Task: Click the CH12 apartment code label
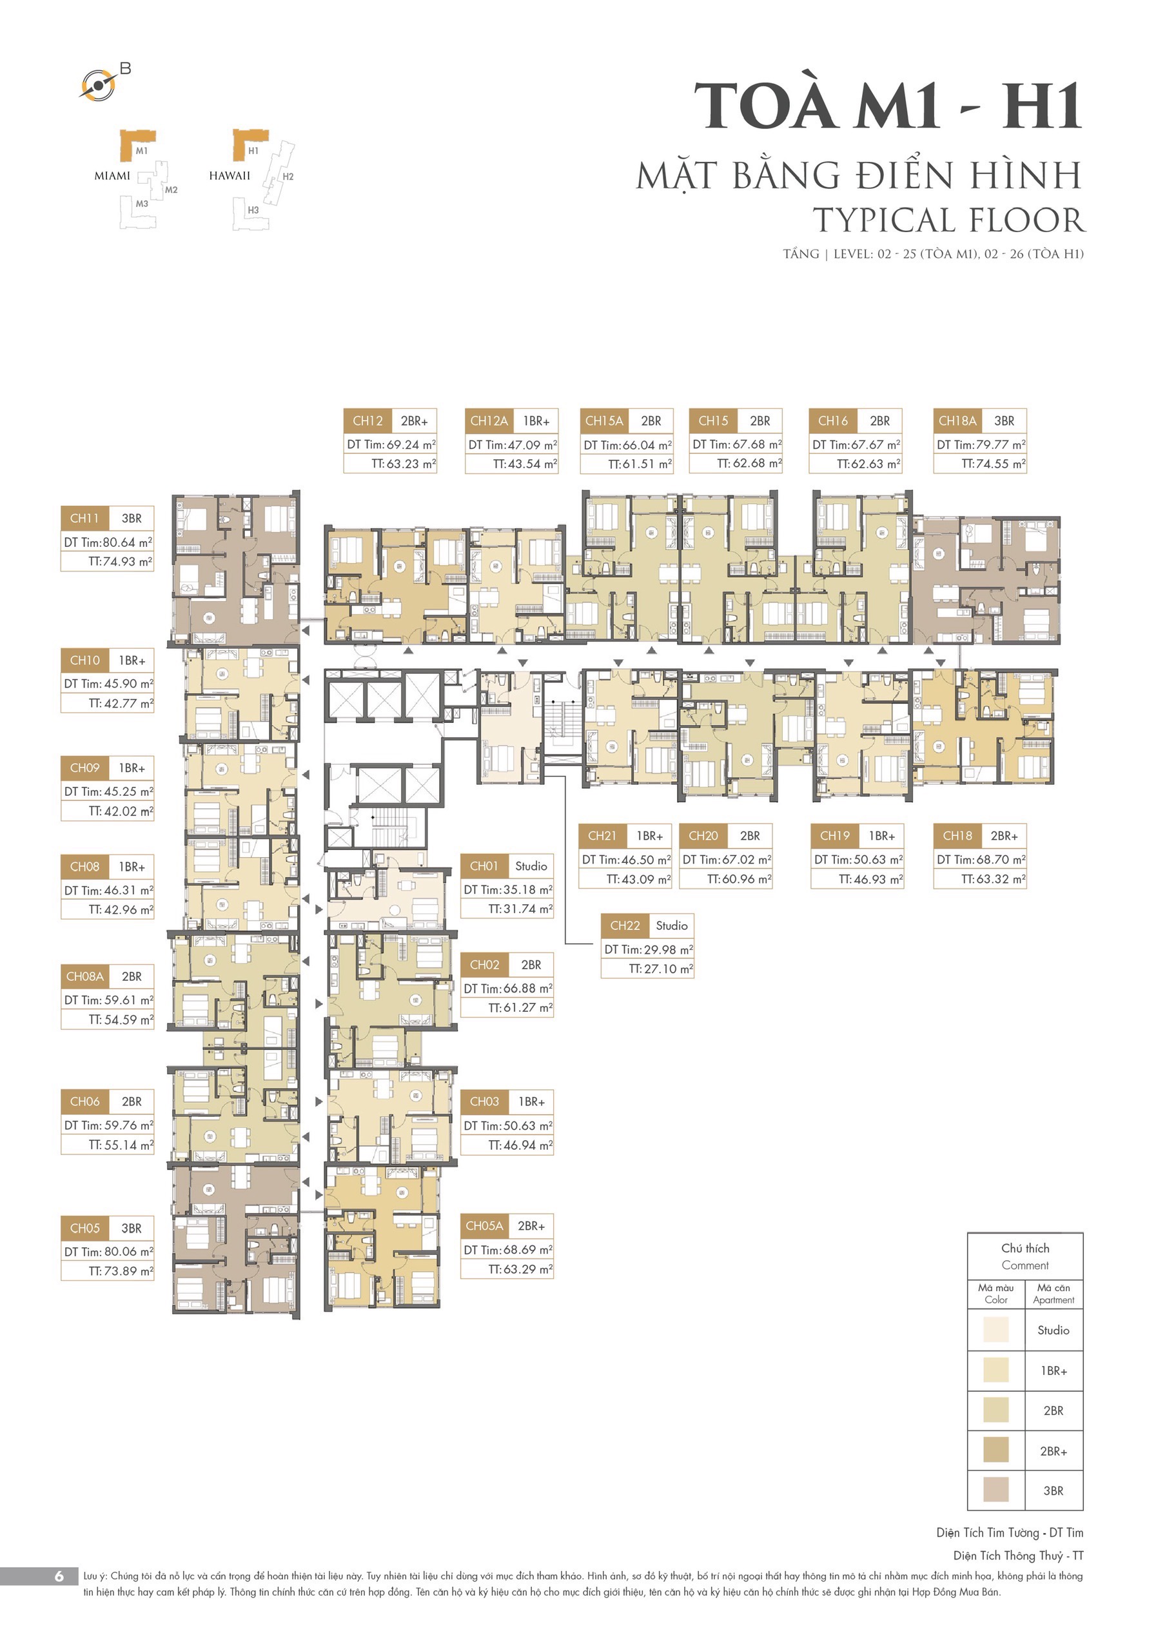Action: point(368,420)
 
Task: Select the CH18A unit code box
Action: point(957,420)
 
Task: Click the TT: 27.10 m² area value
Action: point(660,969)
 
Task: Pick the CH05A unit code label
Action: point(484,1225)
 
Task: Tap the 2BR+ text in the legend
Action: point(1054,1451)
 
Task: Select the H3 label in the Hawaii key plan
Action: point(253,210)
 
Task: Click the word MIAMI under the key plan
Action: point(112,175)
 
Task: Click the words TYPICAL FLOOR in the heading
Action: point(949,220)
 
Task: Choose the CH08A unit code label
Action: point(85,976)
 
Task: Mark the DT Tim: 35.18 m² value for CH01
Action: point(507,889)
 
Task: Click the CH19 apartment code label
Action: point(835,836)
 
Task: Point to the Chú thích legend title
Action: point(1025,1247)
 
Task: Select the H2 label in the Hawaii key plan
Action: point(288,176)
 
